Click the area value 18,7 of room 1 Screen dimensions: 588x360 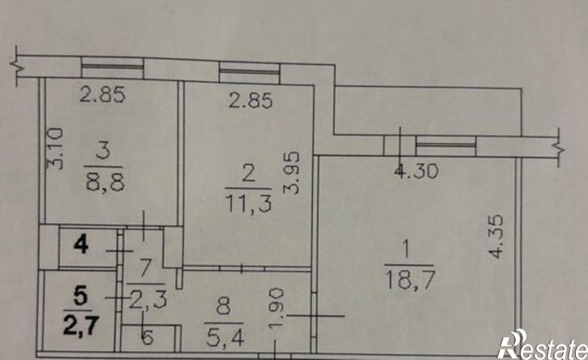(x=410, y=280)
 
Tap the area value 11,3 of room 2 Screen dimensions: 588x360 (x=249, y=204)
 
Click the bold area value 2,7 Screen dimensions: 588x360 (x=80, y=325)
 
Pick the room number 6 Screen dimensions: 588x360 (x=148, y=337)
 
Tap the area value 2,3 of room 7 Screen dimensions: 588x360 (x=147, y=300)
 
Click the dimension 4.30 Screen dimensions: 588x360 (x=416, y=171)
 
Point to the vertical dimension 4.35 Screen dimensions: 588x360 (x=496, y=236)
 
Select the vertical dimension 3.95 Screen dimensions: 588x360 (x=293, y=173)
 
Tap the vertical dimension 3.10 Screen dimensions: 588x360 (x=56, y=148)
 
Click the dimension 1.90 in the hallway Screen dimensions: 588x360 (x=277, y=309)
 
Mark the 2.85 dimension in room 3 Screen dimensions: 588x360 (x=102, y=95)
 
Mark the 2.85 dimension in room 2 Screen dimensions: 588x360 (x=251, y=101)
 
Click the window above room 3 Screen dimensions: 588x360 (x=113, y=67)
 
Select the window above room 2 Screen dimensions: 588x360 (x=250, y=72)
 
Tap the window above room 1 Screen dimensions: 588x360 (x=445, y=145)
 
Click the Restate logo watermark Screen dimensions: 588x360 (x=543, y=345)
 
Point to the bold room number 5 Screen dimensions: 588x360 (x=80, y=296)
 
